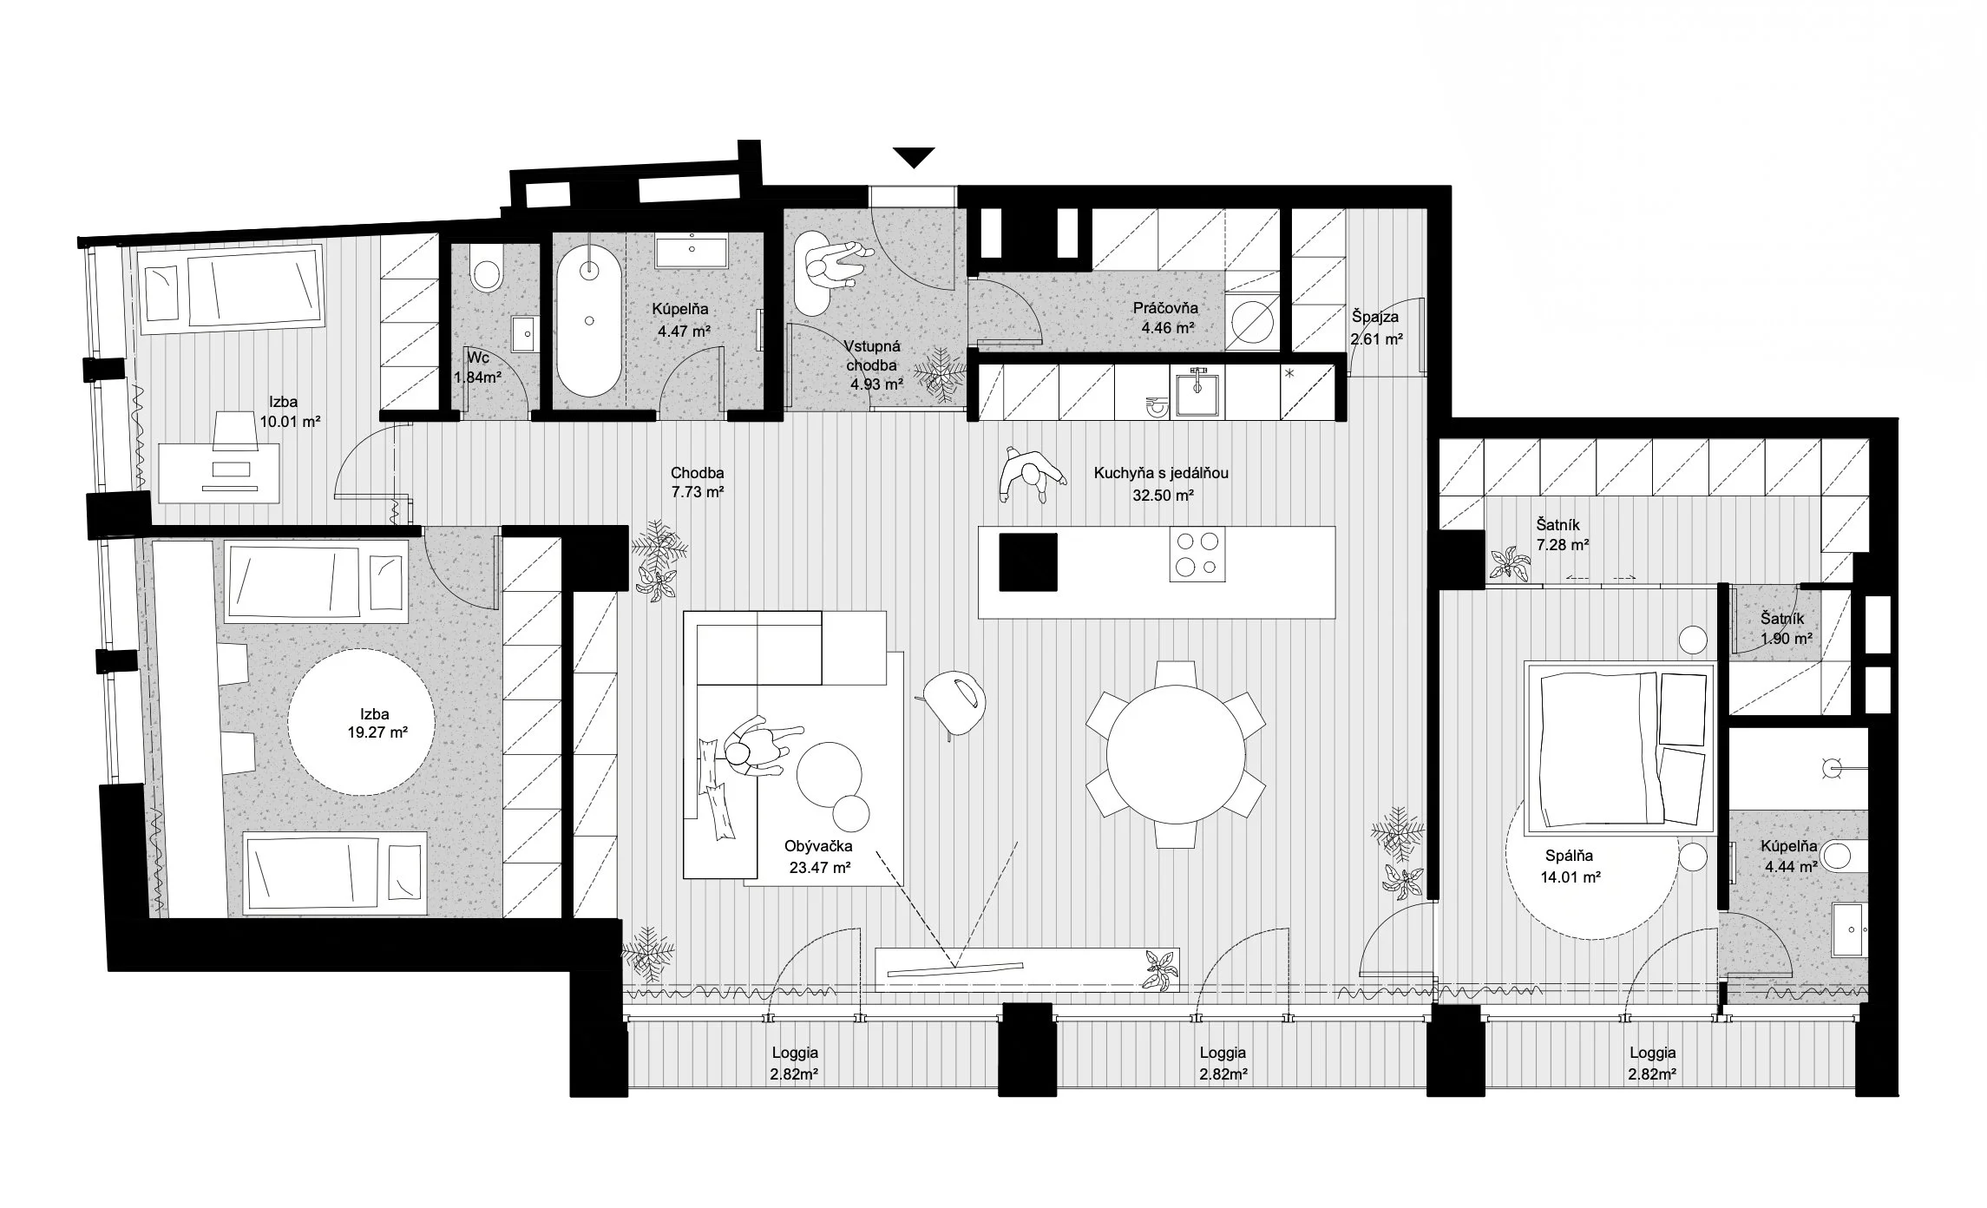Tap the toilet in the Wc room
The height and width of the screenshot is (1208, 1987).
click(x=485, y=268)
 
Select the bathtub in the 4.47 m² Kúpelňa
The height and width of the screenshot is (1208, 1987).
click(x=589, y=318)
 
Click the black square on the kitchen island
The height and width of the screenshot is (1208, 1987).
click(x=1028, y=561)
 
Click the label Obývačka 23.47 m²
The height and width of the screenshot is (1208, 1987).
click(x=817, y=856)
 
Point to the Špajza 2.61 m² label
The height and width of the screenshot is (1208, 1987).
click(x=1376, y=328)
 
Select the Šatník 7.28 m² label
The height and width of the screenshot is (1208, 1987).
click(x=1562, y=535)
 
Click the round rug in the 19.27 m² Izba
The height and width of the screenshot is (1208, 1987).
click(x=360, y=723)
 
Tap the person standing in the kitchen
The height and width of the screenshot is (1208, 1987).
click(x=1030, y=474)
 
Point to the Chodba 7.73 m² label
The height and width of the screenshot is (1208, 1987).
click(x=697, y=483)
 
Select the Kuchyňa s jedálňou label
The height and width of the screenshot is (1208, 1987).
click(x=1161, y=474)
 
